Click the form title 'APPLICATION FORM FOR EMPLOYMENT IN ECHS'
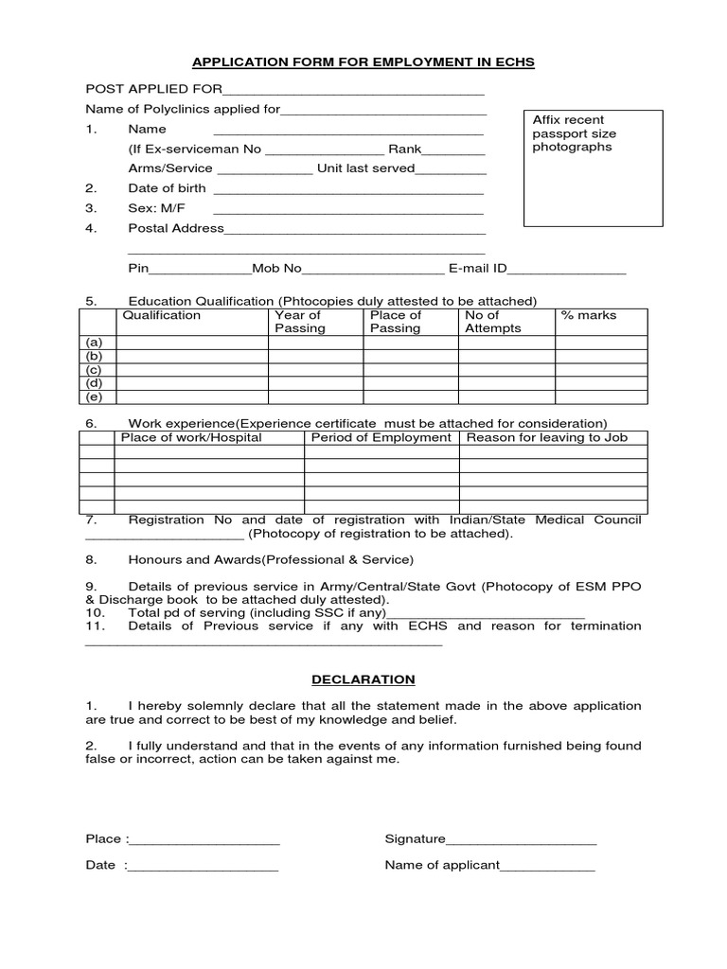click(x=363, y=62)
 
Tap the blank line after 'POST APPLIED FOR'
click(x=353, y=91)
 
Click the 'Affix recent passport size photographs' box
click(x=593, y=167)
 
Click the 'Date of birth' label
click(x=167, y=188)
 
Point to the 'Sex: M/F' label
click(x=156, y=208)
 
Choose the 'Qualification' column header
click(x=162, y=316)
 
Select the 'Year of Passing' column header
click(x=299, y=322)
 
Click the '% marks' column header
click(x=588, y=316)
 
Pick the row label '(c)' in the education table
click(x=94, y=369)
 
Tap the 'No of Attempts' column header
click(x=492, y=322)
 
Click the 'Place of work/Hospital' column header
click(x=191, y=438)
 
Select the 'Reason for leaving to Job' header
click(x=546, y=438)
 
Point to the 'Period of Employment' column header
click(x=381, y=438)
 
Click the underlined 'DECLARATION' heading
click(x=363, y=679)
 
